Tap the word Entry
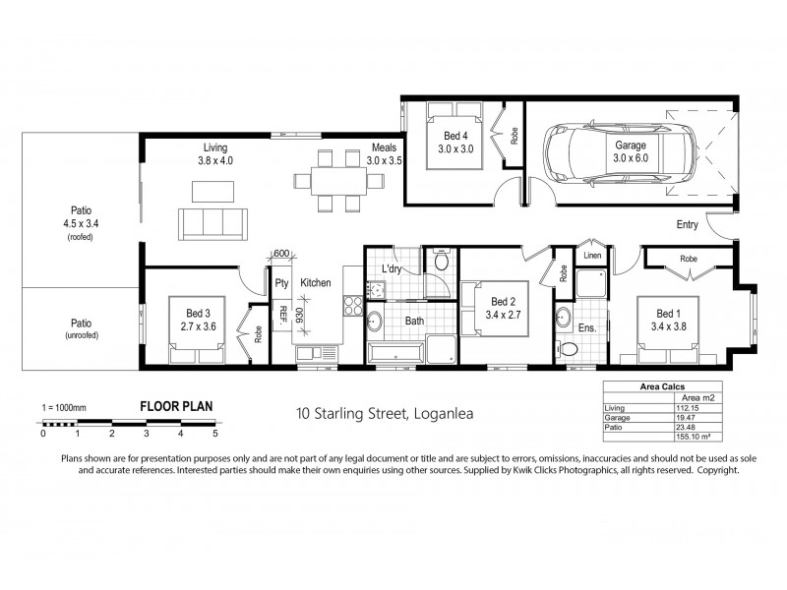pos(687,225)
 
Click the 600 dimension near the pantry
pos(280,254)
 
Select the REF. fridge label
pos(282,315)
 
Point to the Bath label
pos(412,321)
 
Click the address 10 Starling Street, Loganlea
pos(387,413)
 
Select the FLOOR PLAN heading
pos(176,405)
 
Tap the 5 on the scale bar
pos(214,433)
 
